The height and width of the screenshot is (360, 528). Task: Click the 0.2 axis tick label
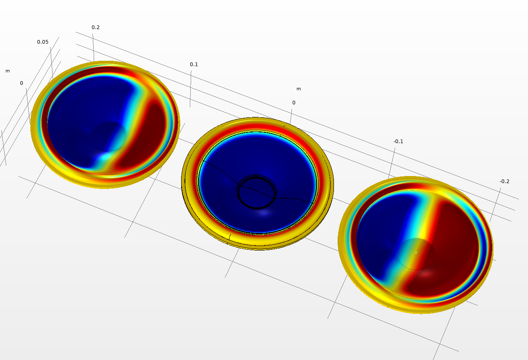95,27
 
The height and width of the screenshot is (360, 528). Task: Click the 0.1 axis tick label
194,65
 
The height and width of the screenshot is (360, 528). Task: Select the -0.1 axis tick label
398,142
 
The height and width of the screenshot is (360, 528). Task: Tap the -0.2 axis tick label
504,181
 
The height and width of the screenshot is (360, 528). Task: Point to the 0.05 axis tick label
42,42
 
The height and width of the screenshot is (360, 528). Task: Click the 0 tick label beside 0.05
22,83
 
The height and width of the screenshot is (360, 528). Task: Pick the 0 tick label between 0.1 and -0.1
294,103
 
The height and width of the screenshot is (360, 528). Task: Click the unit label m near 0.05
7,71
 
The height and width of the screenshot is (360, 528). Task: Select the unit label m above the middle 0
299,89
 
